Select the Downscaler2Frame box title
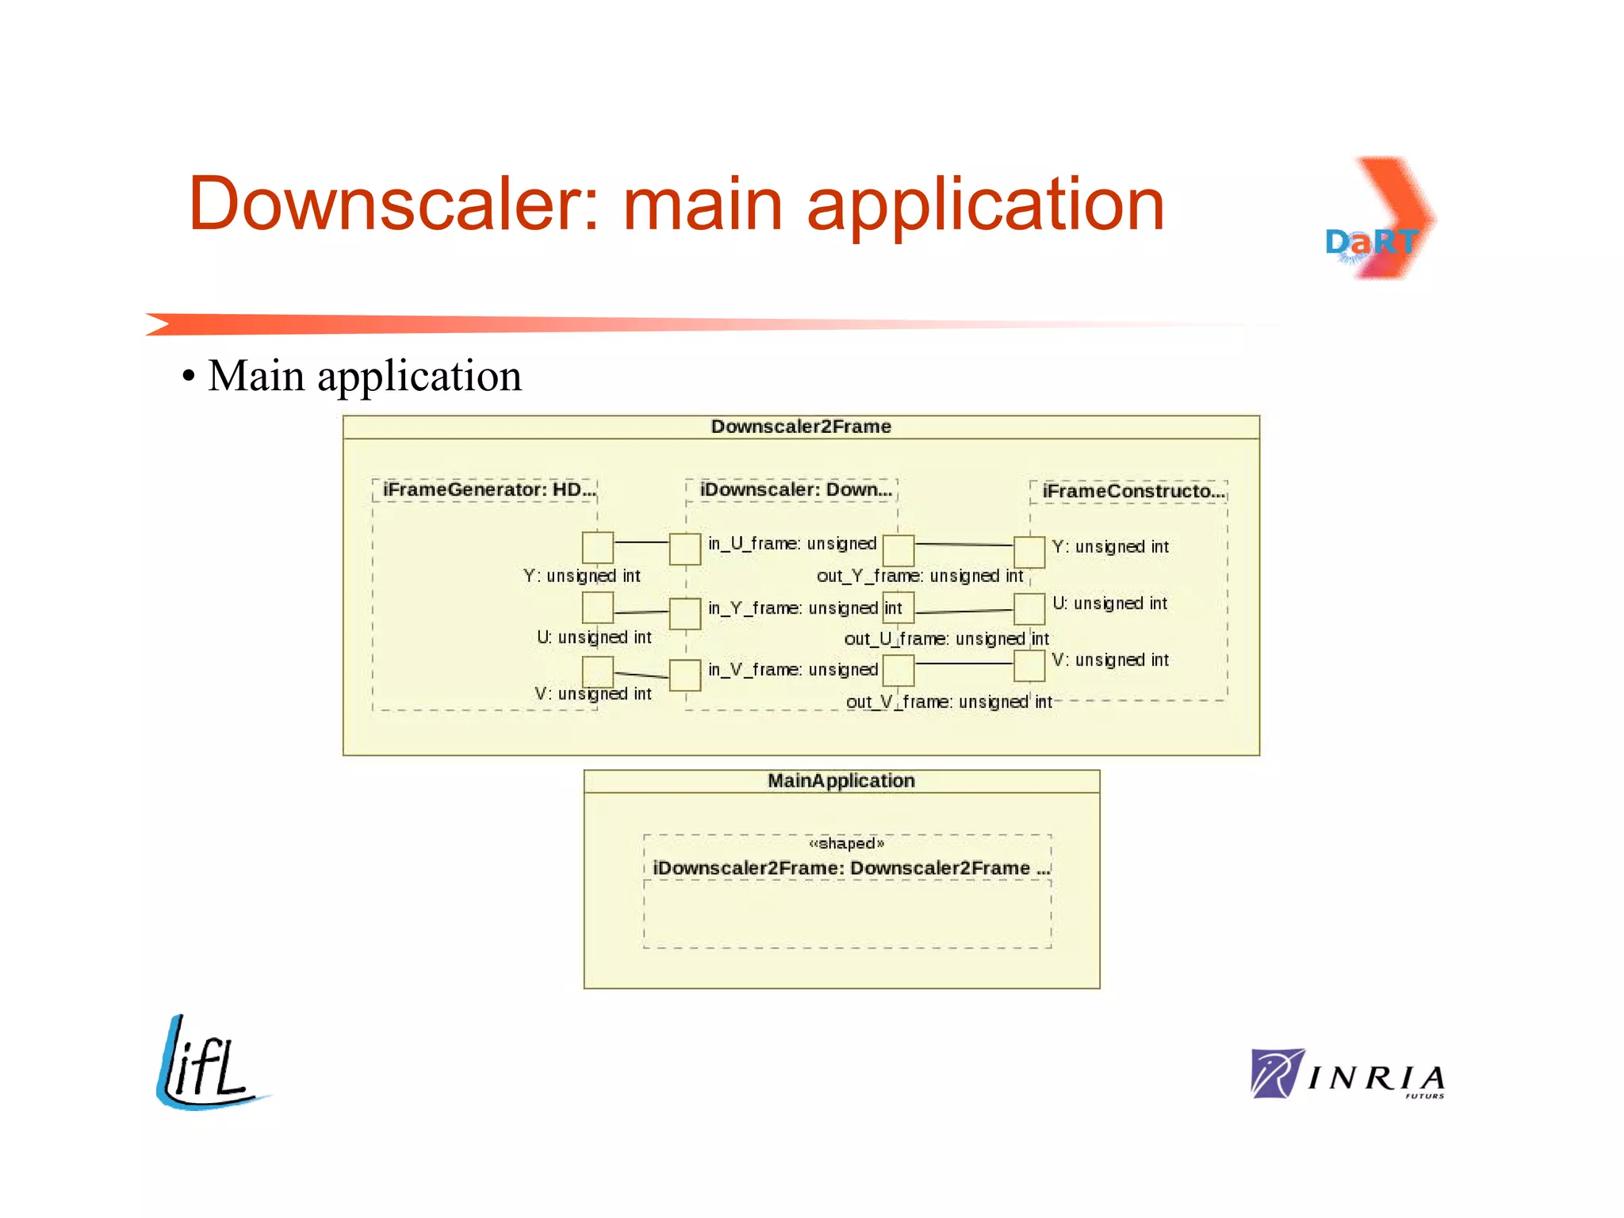pyautogui.click(x=801, y=427)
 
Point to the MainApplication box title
pyautogui.click(x=841, y=780)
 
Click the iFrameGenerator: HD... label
pyautogui.click(x=488, y=489)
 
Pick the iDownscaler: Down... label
pyautogui.click(x=795, y=489)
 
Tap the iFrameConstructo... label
pyautogui.click(x=1133, y=491)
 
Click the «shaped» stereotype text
pyautogui.click(x=846, y=843)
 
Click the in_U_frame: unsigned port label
pyautogui.click(x=791, y=543)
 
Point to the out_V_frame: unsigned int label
pyautogui.click(x=948, y=702)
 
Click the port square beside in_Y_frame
pyautogui.click(x=685, y=613)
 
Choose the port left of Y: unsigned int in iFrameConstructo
pyautogui.click(x=1029, y=552)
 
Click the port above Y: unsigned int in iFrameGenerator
pyautogui.click(x=598, y=547)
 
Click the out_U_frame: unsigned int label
pyautogui.click(x=946, y=638)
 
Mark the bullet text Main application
pyautogui.click(x=364, y=376)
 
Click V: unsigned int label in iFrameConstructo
pyautogui.click(x=1109, y=660)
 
